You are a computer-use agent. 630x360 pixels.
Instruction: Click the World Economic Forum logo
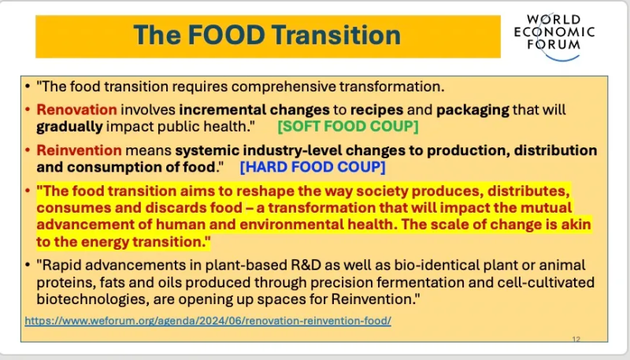[x=554, y=37]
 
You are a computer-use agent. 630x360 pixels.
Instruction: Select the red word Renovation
[x=76, y=109]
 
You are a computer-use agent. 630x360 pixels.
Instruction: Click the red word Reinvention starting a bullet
[x=80, y=150]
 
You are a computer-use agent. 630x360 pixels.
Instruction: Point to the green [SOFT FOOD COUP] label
[x=348, y=126]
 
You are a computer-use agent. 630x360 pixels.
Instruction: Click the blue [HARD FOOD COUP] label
[x=313, y=167]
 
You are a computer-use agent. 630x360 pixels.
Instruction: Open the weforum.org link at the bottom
[x=208, y=321]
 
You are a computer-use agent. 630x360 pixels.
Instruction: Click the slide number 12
[x=576, y=339]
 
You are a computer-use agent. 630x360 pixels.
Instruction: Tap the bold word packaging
[x=473, y=110]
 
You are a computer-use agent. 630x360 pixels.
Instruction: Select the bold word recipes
[x=377, y=110]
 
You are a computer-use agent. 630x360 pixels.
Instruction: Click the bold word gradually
[x=69, y=127]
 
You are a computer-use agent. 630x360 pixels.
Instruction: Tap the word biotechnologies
[x=93, y=299]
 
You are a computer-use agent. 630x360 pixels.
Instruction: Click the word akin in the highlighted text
[x=576, y=225]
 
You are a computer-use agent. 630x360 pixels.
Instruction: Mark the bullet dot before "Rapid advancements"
[x=28, y=265]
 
